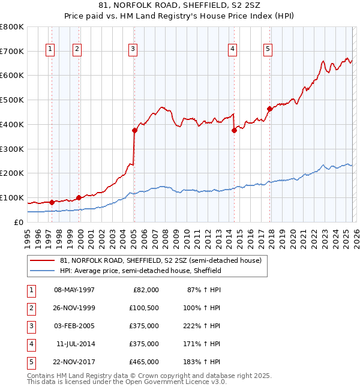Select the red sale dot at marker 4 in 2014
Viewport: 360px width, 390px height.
coord(234,130)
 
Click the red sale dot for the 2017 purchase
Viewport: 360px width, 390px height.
coord(269,109)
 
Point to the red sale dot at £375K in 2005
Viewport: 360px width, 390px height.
coord(134,130)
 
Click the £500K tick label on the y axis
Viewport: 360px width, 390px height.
coord(12,100)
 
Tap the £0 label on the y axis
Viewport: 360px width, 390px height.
coord(18,222)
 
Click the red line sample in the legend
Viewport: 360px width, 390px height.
coord(42,261)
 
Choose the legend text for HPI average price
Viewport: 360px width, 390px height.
coord(141,271)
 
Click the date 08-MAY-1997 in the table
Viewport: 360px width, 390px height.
coord(74,290)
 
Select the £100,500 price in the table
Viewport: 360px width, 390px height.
coord(143,308)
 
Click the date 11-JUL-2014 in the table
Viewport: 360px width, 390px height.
coord(76,344)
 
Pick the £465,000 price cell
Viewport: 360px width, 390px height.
coord(143,362)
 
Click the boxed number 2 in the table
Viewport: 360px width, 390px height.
coord(29,308)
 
